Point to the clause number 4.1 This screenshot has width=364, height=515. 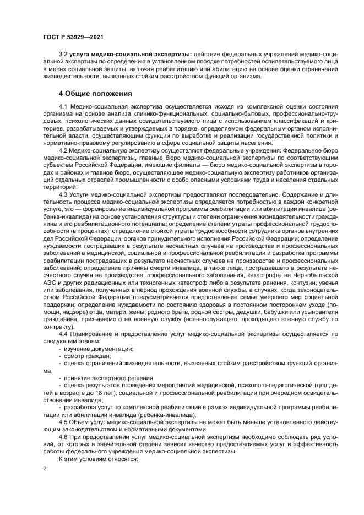pos(63,105)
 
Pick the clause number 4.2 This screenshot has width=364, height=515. pos(63,149)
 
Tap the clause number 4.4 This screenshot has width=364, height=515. pos(63,334)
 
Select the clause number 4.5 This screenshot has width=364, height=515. pos(63,421)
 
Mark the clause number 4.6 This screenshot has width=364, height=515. pos(63,436)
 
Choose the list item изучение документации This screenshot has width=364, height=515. pos(99,349)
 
